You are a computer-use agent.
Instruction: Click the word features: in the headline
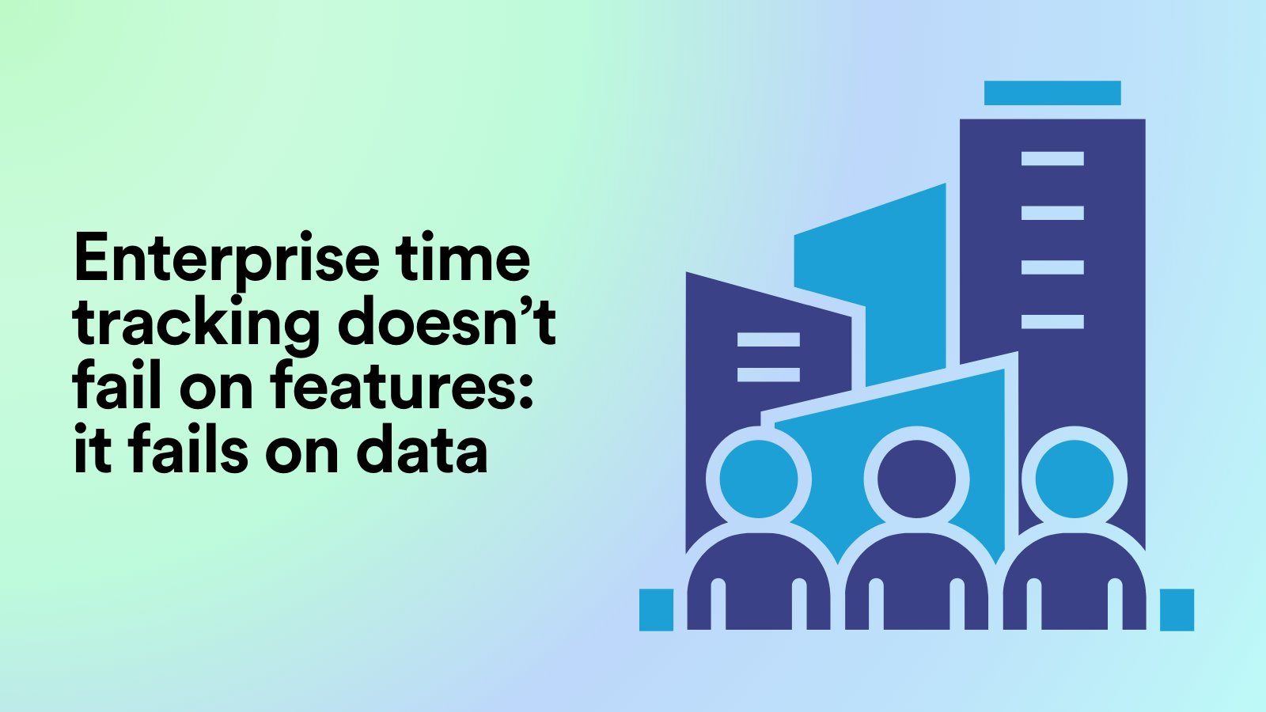[x=402, y=387]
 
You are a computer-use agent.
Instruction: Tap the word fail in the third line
[x=119, y=387]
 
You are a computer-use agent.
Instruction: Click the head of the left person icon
[x=758, y=479]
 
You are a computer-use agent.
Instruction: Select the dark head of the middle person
[x=916, y=479]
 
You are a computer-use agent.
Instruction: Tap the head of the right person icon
[x=1074, y=479]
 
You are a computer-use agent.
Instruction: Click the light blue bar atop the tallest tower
[x=1052, y=93]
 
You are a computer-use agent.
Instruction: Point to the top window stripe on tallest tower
[x=1052, y=158]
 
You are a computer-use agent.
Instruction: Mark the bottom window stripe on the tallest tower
[x=1052, y=321]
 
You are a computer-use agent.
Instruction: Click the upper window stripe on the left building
[x=768, y=339]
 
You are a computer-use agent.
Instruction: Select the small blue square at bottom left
[x=656, y=610]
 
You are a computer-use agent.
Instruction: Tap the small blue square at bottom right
[x=1177, y=610]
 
